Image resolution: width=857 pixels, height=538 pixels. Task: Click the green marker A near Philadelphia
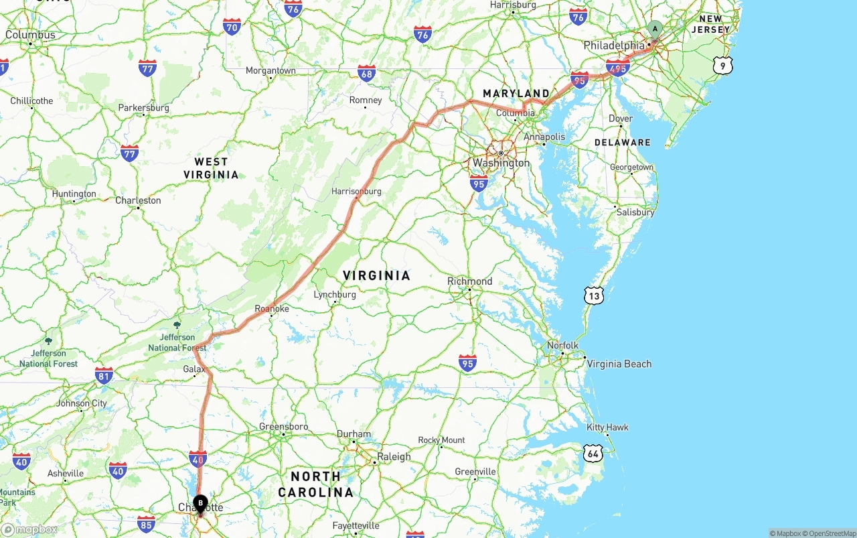[x=655, y=29]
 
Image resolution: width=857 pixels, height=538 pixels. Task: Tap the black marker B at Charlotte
[x=200, y=503]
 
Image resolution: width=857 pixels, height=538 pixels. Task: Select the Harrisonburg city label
[x=356, y=191]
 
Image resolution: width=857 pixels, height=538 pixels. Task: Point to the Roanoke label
[x=272, y=309]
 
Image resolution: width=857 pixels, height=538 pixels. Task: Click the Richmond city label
[x=469, y=281]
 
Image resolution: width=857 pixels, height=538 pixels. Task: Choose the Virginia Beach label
[x=619, y=364]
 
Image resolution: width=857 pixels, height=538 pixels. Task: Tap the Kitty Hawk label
[x=607, y=427]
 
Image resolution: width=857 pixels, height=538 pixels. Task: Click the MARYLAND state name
[x=516, y=94]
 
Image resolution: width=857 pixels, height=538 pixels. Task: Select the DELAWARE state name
[x=622, y=143]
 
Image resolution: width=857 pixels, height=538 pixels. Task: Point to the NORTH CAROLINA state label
[x=315, y=484]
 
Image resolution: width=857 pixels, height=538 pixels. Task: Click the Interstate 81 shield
[x=104, y=375]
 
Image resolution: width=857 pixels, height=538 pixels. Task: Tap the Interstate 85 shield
[x=146, y=523]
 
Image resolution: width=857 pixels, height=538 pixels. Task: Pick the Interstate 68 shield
[x=366, y=73]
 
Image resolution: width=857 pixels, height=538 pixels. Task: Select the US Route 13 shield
[x=593, y=295]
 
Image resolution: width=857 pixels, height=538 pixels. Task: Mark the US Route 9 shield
[x=722, y=66]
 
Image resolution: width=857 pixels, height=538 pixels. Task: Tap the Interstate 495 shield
[x=617, y=68]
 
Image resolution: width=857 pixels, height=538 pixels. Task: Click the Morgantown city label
[x=270, y=70]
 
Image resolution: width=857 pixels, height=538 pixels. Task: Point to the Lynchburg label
[x=335, y=295]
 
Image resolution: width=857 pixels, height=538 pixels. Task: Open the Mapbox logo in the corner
[x=29, y=529]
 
